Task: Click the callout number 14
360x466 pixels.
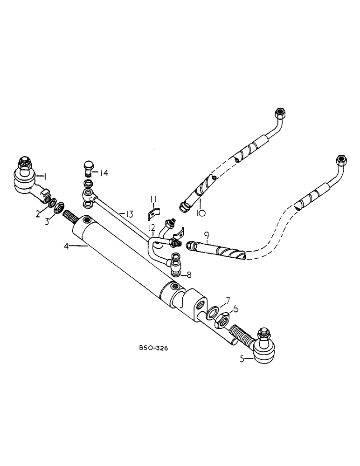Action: coord(103,173)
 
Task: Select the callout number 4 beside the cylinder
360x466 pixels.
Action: coord(66,246)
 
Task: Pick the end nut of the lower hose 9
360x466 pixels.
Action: coord(340,161)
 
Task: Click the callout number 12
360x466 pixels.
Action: coord(152,227)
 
